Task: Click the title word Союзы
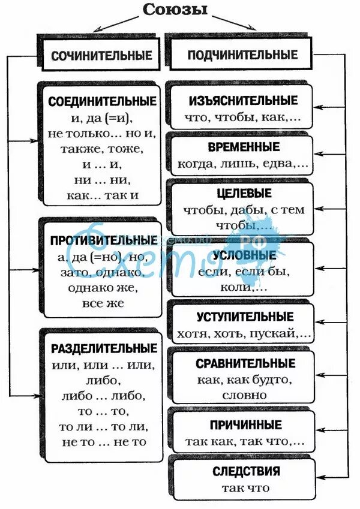tap(175, 10)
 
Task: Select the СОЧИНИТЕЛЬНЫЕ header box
tap(101, 56)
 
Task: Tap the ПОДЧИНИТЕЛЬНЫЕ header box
tap(242, 55)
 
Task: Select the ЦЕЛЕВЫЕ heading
tap(244, 194)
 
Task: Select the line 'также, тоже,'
tap(102, 147)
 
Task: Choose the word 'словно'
tap(244, 395)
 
